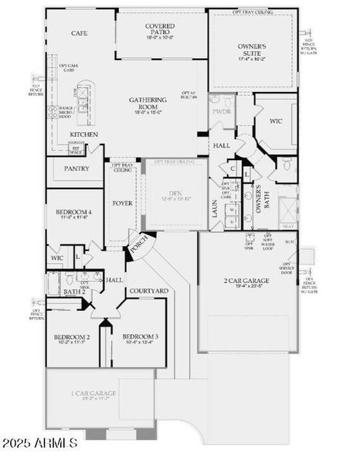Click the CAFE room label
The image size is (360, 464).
pyautogui.click(x=79, y=33)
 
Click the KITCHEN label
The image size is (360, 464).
pyautogui.click(x=83, y=135)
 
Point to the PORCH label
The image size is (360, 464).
pyautogui.click(x=140, y=247)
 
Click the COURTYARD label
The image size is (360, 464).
pyautogui.click(x=149, y=291)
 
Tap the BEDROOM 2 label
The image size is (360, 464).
pyautogui.click(x=72, y=337)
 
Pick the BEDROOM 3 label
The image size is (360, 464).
pyautogui.click(x=141, y=337)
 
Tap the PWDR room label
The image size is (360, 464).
pyautogui.click(x=221, y=111)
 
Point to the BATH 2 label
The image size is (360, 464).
pyautogui.click(x=73, y=292)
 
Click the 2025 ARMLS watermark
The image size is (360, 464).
pyautogui.click(x=41, y=443)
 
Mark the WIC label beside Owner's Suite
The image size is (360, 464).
pyautogui.click(x=276, y=121)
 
